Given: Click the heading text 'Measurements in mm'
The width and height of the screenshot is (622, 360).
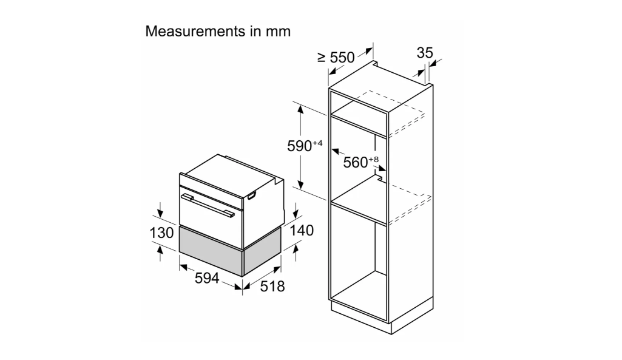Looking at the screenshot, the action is click(x=218, y=32).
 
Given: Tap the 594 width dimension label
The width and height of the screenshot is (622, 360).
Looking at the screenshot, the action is click(x=207, y=278).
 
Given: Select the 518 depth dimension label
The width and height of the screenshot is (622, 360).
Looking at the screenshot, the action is click(x=272, y=286).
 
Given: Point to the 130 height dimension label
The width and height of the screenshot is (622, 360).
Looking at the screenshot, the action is click(x=161, y=233).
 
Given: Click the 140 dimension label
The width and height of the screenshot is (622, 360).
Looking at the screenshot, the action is click(x=302, y=230).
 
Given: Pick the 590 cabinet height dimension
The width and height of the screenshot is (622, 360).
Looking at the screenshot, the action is click(x=300, y=146).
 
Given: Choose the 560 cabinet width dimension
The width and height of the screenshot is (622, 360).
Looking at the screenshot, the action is click(x=356, y=162).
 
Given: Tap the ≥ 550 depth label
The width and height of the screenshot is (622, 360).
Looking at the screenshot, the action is click(x=336, y=58).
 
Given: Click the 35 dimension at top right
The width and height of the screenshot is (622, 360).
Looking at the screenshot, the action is click(x=424, y=53).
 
